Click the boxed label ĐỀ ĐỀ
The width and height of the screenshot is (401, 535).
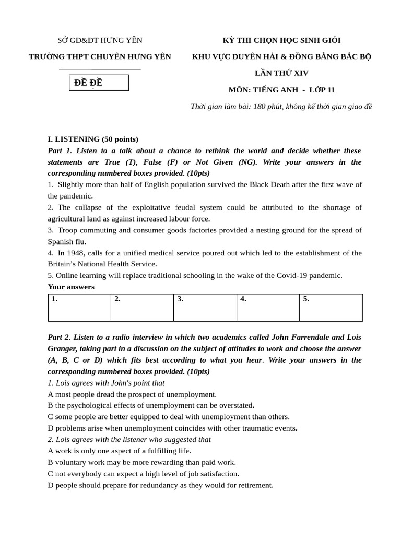[99, 83]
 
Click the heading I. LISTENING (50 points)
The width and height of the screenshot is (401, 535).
[93, 139]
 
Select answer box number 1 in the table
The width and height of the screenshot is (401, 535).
[79, 307]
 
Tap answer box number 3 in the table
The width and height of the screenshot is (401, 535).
[205, 307]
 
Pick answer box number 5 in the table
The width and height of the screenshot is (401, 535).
[331, 307]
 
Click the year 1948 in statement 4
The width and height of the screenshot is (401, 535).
[78, 253]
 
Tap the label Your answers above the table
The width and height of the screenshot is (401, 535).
[71, 287]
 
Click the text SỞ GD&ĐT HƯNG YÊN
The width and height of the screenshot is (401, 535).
[99, 41]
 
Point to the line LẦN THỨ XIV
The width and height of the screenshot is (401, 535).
[281, 73]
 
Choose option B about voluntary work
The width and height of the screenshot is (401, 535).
[141, 462]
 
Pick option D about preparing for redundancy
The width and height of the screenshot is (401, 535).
[160, 485]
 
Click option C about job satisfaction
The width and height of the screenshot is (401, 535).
[143, 474]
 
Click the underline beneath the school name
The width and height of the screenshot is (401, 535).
[100, 69]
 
